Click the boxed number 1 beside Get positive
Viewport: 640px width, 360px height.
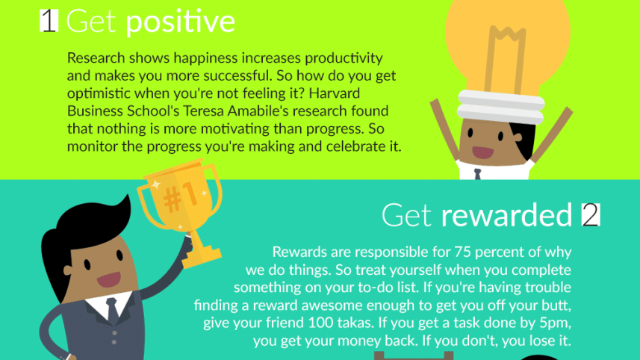click(48, 22)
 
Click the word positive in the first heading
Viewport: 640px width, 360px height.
click(180, 22)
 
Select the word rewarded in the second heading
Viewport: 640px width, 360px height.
click(506, 215)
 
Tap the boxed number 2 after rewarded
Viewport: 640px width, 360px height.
click(591, 215)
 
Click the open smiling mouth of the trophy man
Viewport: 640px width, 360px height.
click(109, 279)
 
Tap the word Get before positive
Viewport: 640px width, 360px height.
click(92, 22)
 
